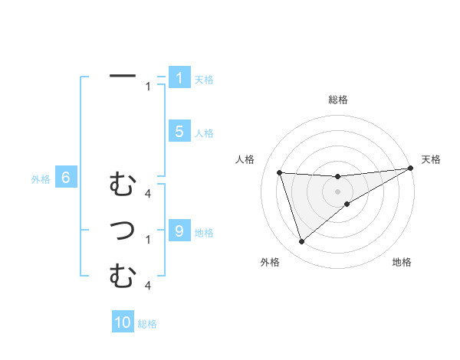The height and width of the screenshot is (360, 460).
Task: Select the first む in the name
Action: coord(123,185)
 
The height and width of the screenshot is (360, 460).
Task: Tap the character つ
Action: coord(123,230)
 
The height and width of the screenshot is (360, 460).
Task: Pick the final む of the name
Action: coord(123,275)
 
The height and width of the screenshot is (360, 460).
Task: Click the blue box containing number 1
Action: coord(179,78)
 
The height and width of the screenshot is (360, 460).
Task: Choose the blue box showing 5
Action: coord(179,132)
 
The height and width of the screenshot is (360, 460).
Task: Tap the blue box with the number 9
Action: coord(179,231)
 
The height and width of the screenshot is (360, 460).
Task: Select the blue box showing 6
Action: coord(66,178)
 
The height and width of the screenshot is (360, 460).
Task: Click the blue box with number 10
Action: coord(123,322)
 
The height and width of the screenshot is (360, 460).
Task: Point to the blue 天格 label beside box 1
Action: coord(204,79)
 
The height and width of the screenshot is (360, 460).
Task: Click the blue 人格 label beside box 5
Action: coord(204,133)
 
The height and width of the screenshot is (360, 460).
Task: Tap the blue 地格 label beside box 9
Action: coord(204,232)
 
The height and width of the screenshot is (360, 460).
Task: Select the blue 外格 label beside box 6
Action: coord(40,180)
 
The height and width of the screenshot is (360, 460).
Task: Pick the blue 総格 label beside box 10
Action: coord(147,324)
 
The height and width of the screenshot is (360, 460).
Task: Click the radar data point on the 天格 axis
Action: coord(411,169)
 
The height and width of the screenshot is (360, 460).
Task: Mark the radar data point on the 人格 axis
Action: coord(280,172)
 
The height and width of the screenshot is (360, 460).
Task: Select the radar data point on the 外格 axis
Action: coord(301,242)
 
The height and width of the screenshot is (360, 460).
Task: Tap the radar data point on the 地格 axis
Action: coord(347,204)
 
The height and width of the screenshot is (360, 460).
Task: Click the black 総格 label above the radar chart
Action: coord(337,100)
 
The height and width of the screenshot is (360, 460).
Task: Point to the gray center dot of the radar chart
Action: coord(337,191)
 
